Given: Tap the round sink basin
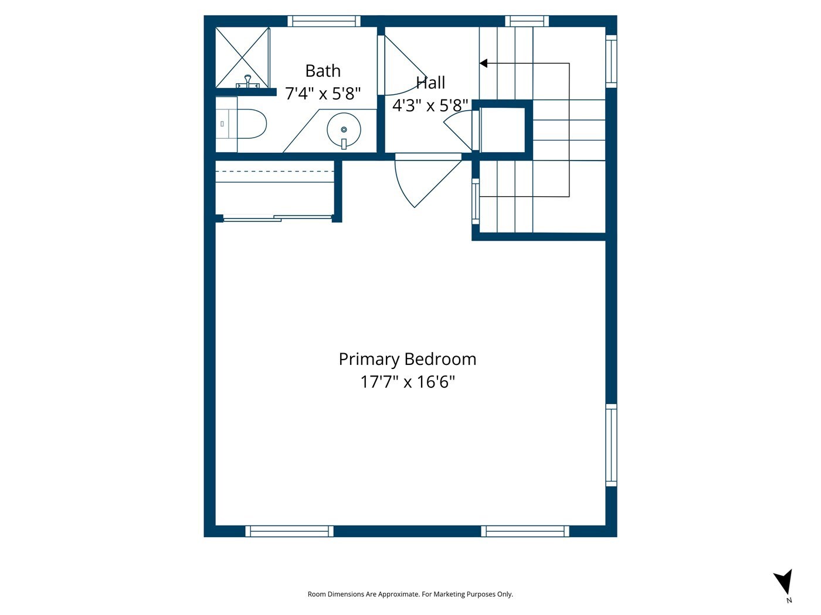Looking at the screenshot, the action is tap(344, 129).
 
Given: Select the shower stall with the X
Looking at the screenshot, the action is tap(242, 58).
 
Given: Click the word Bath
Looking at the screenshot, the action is tap(323, 71).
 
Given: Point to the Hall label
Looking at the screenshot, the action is tap(430, 83).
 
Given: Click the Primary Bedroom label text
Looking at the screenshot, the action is tap(408, 359).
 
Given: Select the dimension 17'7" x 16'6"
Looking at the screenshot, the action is tap(408, 382).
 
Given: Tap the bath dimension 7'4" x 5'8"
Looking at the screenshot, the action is tap(323, 93).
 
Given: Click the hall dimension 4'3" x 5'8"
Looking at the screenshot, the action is tap(430, 105).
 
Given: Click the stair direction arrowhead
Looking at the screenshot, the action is tap(483, 63).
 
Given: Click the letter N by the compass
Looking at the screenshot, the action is tap(789, 600).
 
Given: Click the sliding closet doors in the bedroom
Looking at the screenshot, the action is tap(277, 218).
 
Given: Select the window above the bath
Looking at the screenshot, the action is tap(324, 21).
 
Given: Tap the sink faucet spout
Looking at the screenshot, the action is tap(344, 143).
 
